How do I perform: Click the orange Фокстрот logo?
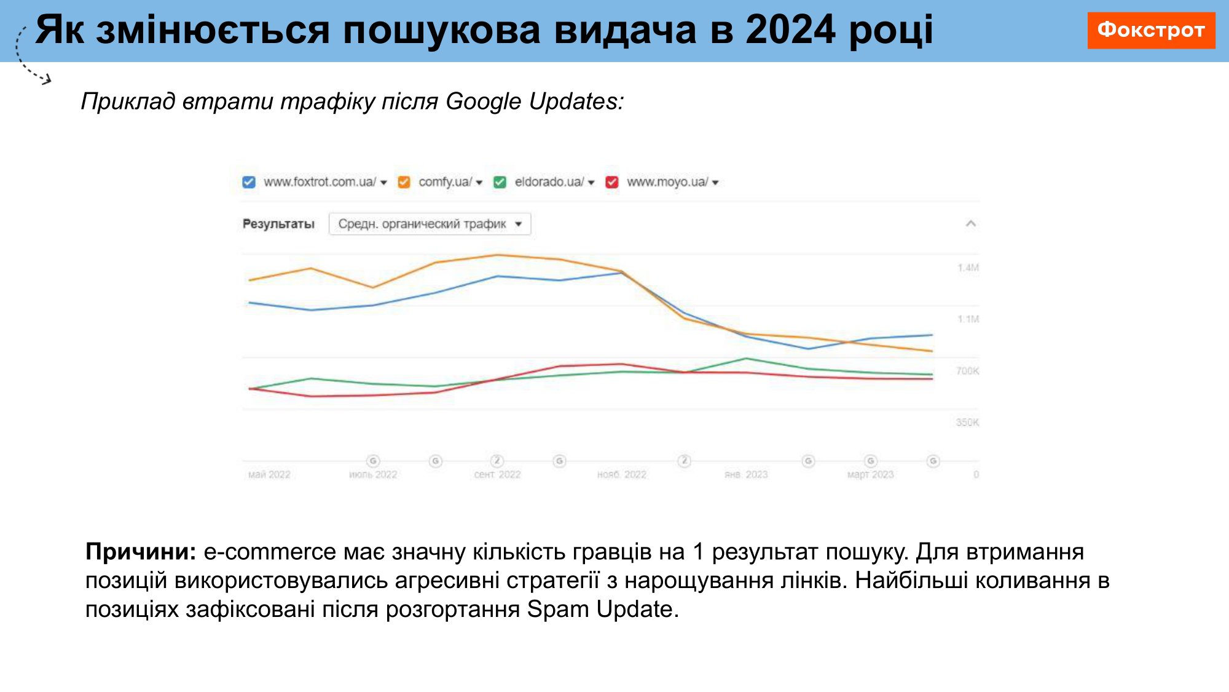pos(1150,30)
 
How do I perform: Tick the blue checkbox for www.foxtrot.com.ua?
pos(249,182)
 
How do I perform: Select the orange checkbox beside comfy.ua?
pos(404,182)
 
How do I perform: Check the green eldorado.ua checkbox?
pos(500,182)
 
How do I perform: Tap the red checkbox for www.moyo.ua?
pos(612,182)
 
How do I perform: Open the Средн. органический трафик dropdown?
pos(430,224)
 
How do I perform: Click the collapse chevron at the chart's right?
pos(970,223)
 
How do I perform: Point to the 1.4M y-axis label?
pos(968,268)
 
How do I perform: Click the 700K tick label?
pos(967,371)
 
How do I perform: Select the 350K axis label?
pos(967,423)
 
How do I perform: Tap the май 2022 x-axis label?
pos(269,475)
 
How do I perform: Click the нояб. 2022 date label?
pos(622,475)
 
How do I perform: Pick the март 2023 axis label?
pos(870,475)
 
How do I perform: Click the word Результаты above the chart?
pos(278,224)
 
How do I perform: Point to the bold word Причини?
pos(141,552)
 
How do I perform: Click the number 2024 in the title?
pos(790,30)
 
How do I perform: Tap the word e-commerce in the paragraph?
pos(270,552)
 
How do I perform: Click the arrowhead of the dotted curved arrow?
pos(47,79)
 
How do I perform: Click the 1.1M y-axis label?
pos(968,319)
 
